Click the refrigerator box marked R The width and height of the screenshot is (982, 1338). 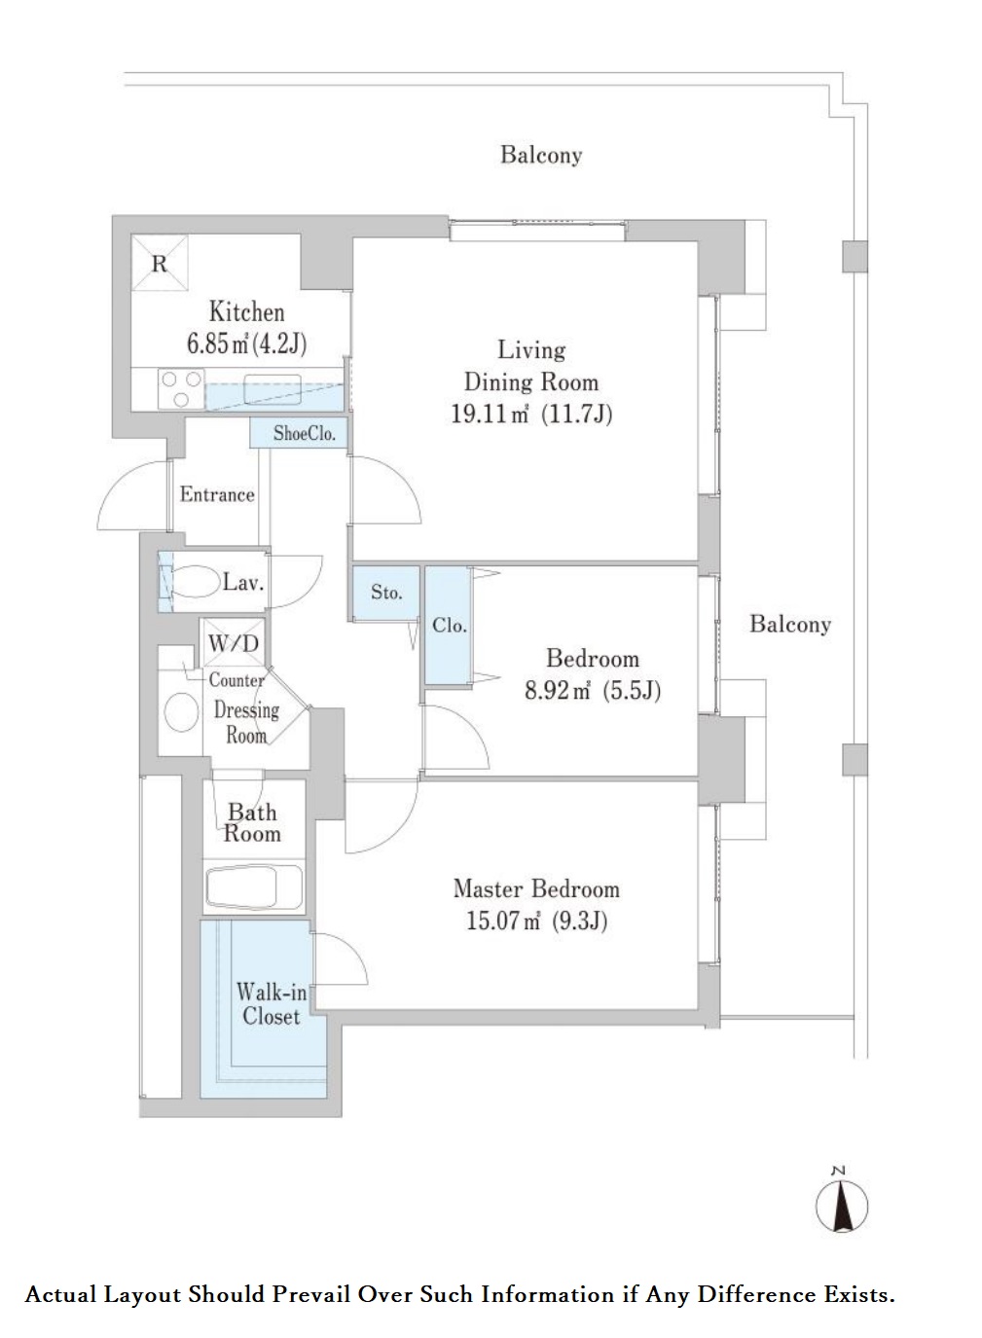[x=161, y=263]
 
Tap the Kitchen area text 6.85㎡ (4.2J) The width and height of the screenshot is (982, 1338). [x=247, y=344]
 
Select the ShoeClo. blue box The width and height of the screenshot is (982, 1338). [x=299, y=433]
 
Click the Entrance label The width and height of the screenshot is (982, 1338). [x=217, y=494]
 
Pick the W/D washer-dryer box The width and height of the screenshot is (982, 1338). [x=233, y=642]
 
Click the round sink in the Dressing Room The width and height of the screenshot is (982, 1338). [x=182, y=712]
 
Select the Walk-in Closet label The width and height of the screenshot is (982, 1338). [x=272, y=1004]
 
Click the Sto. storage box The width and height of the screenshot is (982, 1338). [x=386, y=592]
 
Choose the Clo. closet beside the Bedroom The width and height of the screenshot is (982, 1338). [x=448, y=625]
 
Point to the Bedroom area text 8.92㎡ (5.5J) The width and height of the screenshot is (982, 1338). [x=593, y=691]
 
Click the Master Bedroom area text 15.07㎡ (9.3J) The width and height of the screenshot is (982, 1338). [x=536, y=921]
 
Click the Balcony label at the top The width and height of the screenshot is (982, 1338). [x=541, y=155]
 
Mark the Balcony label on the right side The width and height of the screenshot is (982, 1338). [x=789, y=624]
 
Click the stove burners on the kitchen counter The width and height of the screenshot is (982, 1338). [x=181, y=388]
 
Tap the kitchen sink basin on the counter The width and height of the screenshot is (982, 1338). [x=273, y=382]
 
